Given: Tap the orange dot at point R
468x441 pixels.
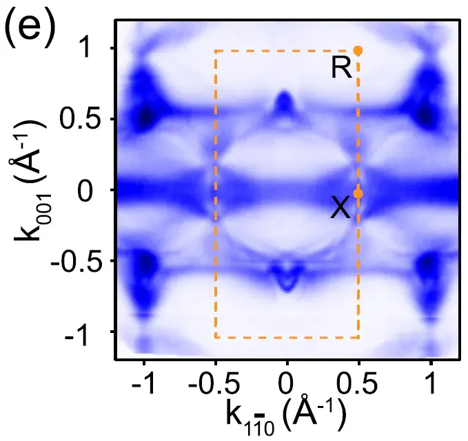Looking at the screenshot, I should click(x=358, y=50).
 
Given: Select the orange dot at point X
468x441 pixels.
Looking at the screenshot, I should click(x=358, y=194).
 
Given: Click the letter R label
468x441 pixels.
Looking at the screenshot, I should click(x=342, y=68).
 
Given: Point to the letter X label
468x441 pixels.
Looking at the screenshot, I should click(x=340, y=207).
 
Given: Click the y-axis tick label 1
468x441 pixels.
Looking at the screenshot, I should click(x=92, y=47).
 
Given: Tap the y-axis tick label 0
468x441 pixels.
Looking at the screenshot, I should click(x=92, y=191).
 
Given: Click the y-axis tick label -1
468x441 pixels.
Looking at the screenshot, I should click(x=84, y=334).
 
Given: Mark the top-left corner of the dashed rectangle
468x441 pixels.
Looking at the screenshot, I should click(x=216, y=50).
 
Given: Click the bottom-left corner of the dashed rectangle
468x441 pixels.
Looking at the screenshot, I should click(x=216, y=338).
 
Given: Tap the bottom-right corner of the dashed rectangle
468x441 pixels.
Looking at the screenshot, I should click(x=358, y=338).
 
